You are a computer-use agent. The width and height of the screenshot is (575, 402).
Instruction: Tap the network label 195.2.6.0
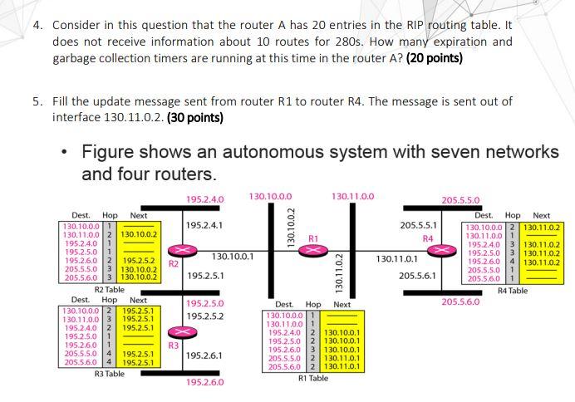205,383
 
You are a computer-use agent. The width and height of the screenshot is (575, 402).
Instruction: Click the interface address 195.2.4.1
204,225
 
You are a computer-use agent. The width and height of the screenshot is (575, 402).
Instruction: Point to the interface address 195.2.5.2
204,316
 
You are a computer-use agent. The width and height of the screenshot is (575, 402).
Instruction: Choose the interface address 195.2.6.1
204,355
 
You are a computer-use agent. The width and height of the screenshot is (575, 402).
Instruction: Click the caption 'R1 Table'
313,378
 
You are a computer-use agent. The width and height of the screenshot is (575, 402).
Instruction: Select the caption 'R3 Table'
110,374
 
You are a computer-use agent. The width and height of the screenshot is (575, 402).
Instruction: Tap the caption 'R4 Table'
513,291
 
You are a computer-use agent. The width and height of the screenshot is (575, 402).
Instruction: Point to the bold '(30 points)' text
194,117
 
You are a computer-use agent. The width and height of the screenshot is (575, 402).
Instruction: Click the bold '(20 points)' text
435,58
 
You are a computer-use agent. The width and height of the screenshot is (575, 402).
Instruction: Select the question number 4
37,24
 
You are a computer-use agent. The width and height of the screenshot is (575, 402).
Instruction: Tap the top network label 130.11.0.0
352,196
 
